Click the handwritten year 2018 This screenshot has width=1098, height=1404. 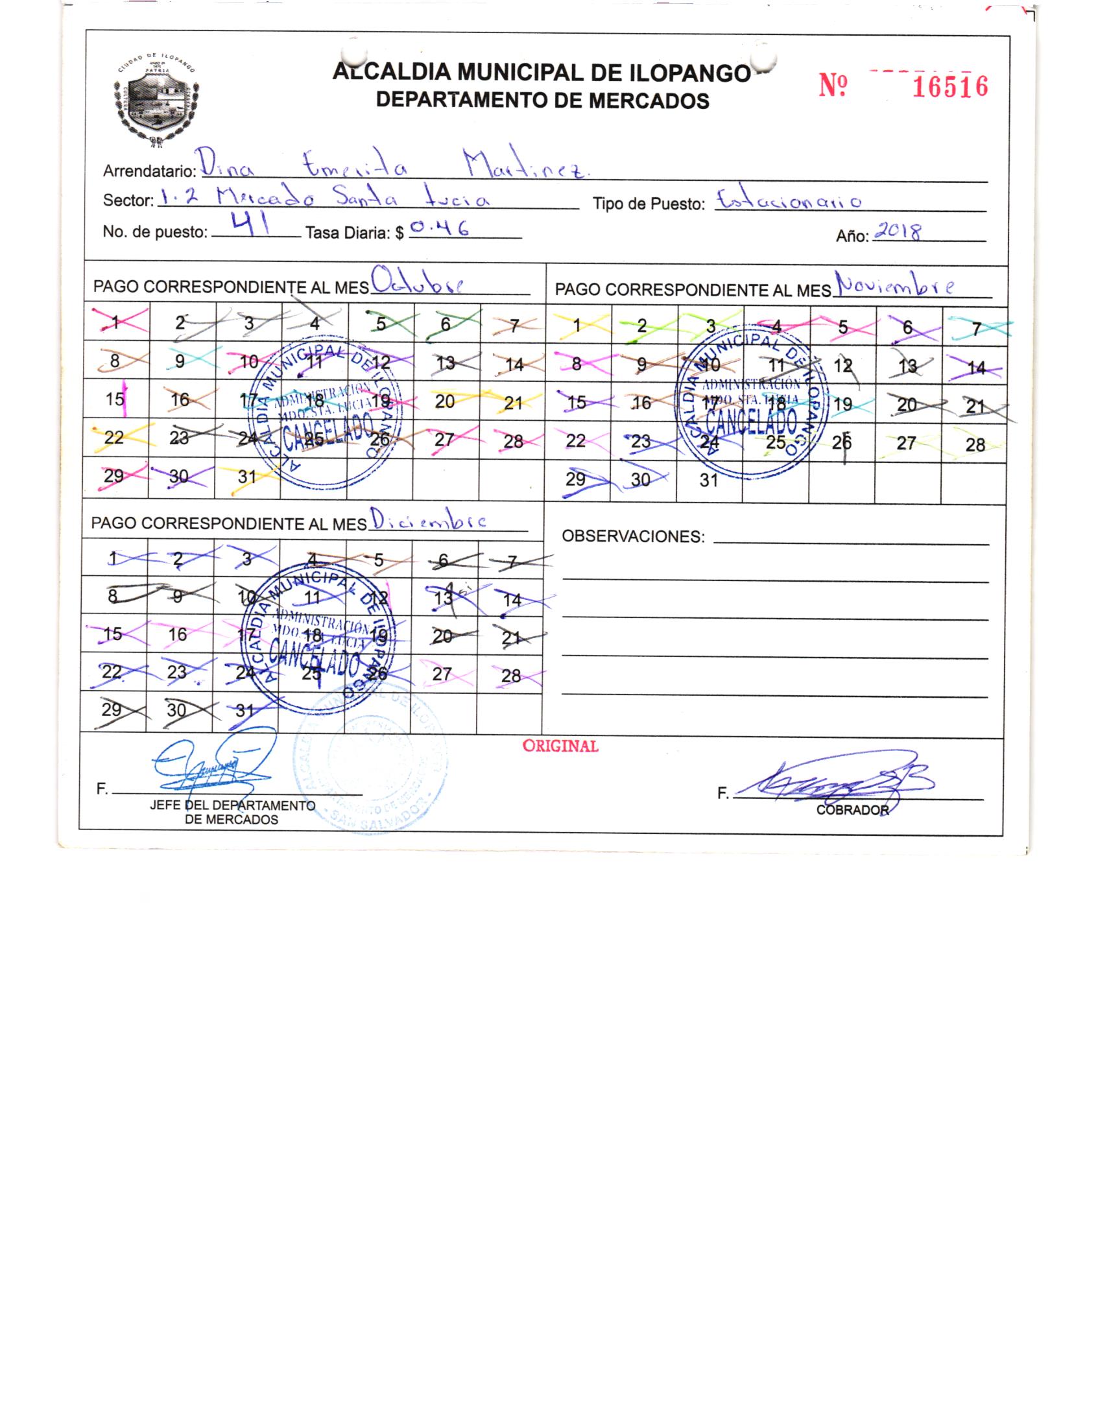[x=898, y=232]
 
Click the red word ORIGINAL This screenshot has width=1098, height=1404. [x=560, y=746]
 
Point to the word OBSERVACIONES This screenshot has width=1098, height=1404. [x=632, y=536]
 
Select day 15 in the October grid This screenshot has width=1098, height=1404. [x=115, y=399]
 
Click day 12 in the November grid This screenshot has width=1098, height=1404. [x=842, y=366]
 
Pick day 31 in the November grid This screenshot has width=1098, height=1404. [x=708, y=481]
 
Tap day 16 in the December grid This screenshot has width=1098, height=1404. [x=178, y=634]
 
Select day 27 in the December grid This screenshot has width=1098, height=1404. [x=442, y=674]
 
